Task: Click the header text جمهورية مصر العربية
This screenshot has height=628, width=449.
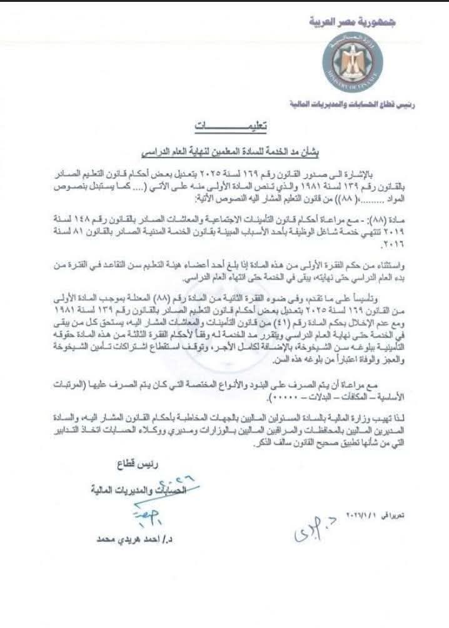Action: pos(353,23)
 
